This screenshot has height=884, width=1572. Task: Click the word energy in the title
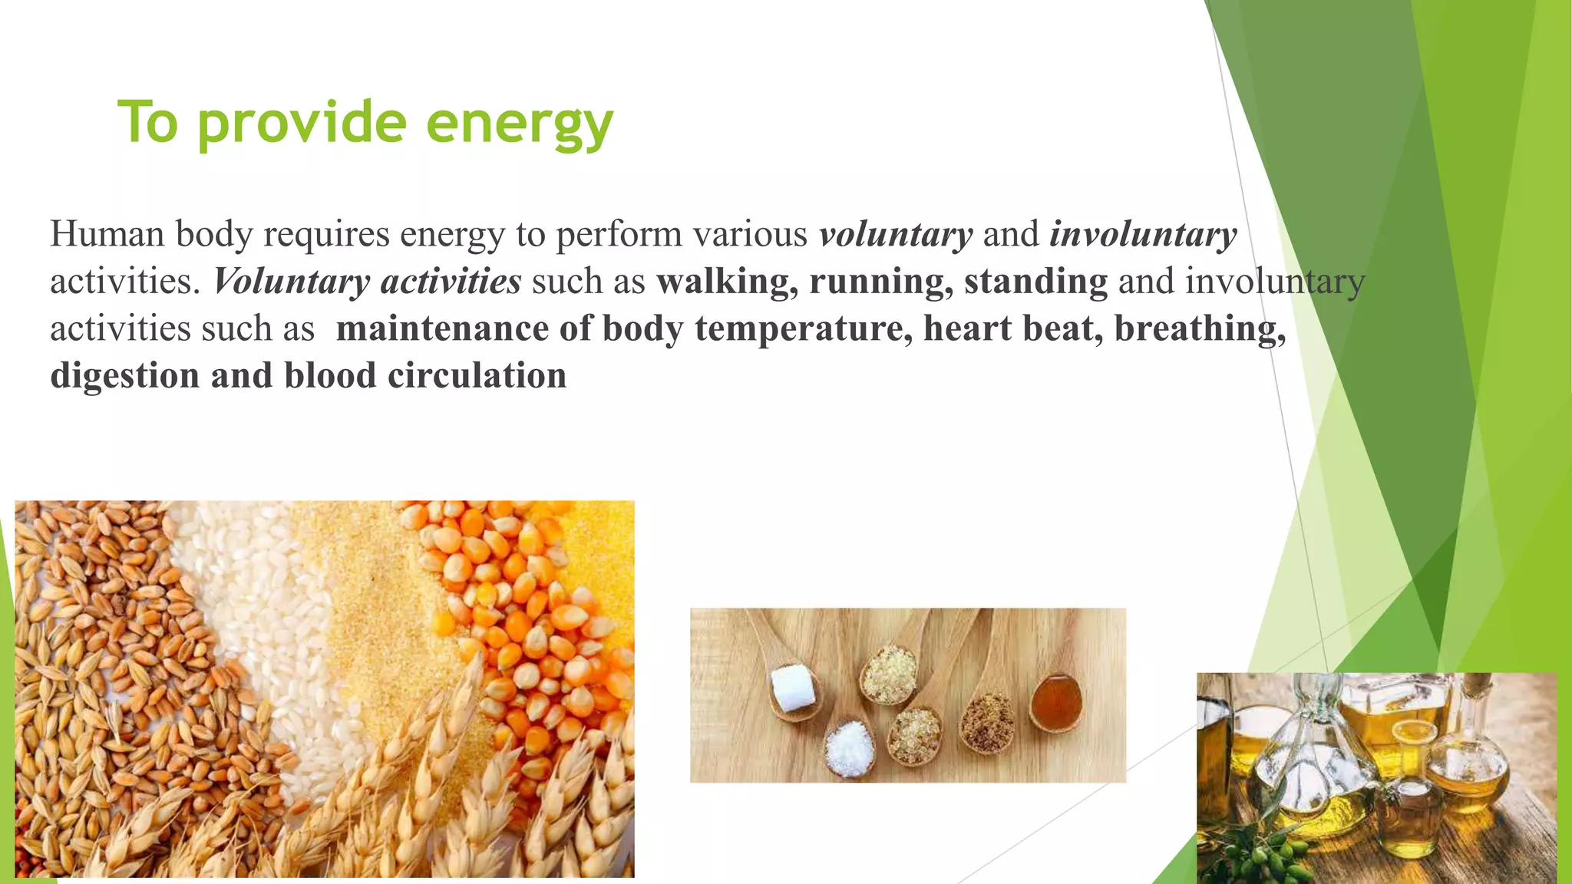click(x=519, y=123)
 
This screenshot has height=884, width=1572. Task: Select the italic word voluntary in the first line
click(x=895, y=234)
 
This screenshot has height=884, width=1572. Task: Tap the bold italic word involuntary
click(x=1143, y=234)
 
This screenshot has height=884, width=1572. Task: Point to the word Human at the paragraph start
click(x=107, y=234)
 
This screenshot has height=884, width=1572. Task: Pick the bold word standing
click(x=1035, y=282)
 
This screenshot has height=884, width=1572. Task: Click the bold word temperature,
click(x=804, y=328)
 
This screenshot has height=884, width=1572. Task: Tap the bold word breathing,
click(x=1200, y=328)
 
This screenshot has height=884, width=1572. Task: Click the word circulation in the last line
click(x=477, y=376)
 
